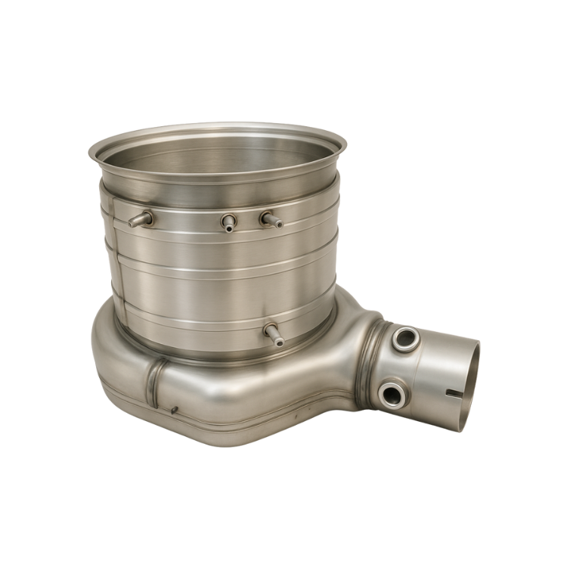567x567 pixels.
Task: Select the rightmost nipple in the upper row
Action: [268, 219]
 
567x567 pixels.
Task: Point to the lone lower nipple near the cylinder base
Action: [273, 333]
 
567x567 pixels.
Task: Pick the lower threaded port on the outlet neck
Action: [392, 392]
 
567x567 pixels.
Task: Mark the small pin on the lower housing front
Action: [175, 411]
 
